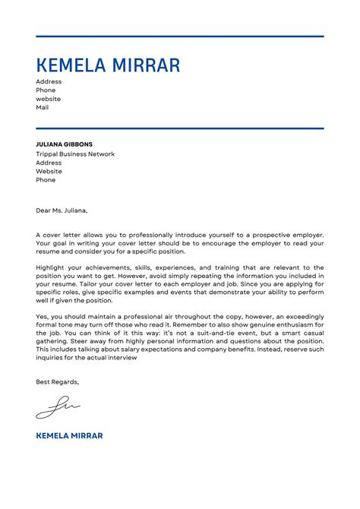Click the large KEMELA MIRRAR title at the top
108,65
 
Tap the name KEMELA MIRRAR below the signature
69,435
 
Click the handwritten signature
57,408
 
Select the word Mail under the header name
42,108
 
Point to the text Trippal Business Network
75,154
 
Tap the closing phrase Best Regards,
57,382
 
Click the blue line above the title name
179,36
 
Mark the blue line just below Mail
179,128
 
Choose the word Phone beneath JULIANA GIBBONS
46,180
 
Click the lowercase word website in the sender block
48,99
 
